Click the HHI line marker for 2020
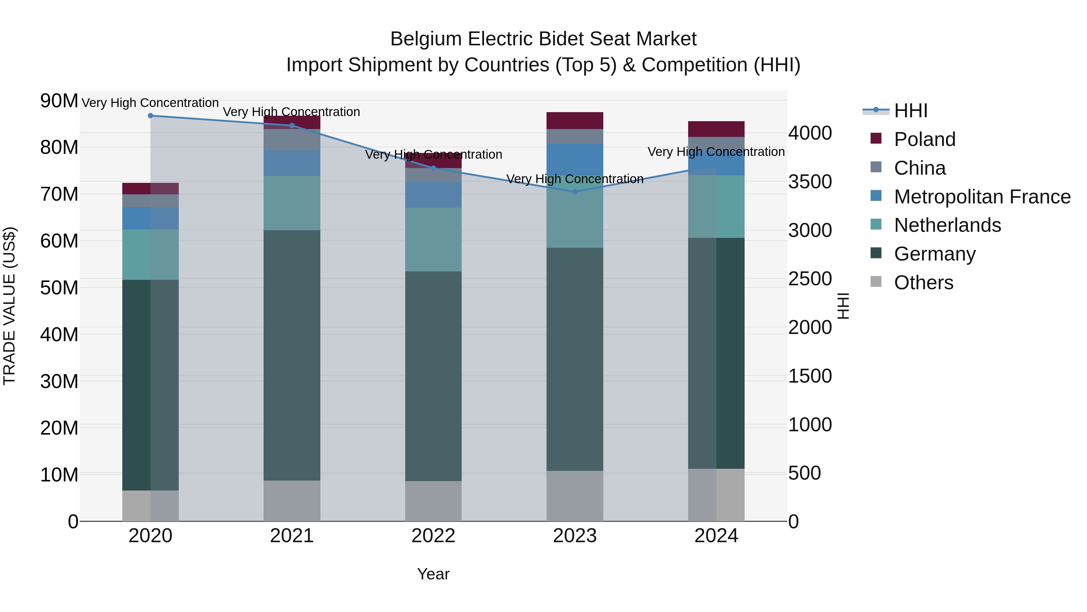click(150, 116)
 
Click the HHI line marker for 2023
click(574, 192)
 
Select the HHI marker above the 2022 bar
click(433, 168)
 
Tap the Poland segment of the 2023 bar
click(574, 120)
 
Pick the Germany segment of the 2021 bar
click(292, 355)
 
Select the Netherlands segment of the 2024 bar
click(716, 206)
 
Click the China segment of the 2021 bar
click(292, 140)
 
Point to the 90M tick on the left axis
click(59, 101)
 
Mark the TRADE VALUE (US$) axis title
click(9, 306)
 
